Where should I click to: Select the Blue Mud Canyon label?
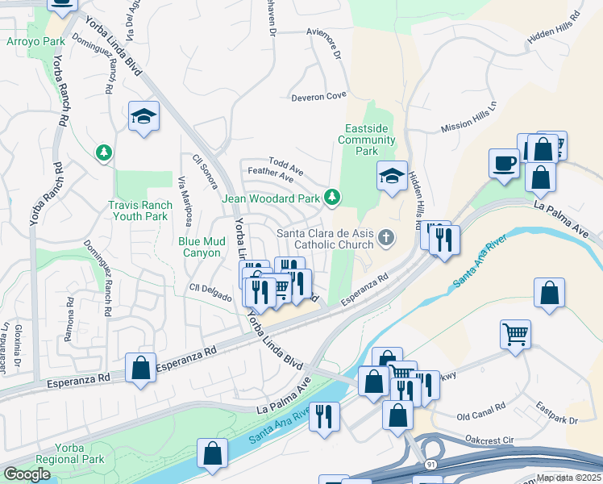coord(200,246)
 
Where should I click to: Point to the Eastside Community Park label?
coord(367,140)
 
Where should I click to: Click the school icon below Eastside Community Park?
coord(392,177)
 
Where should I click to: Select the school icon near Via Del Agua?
coord(144,116)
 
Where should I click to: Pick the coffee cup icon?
coord(505,163)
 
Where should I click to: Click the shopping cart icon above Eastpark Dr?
coord(516,332)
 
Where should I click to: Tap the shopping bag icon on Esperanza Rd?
coord(141,369)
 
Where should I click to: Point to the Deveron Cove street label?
coord(318,96)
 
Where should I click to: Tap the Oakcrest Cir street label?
coord(489,440)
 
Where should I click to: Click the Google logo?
coord(27,474)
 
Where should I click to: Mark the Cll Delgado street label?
coord(210,288)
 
